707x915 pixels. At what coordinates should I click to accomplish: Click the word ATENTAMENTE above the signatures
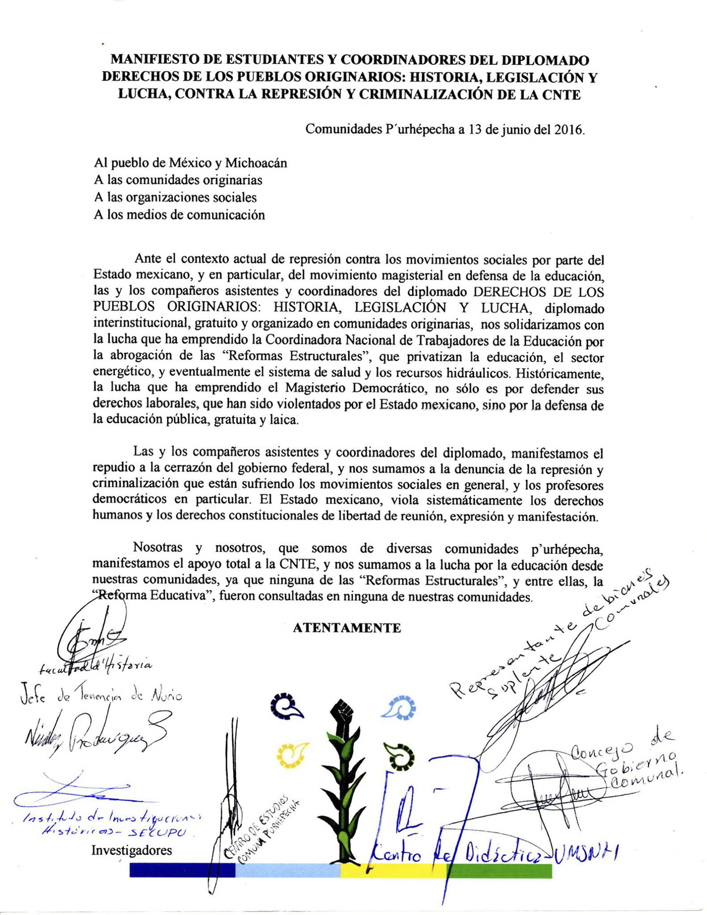tap(347, 628)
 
